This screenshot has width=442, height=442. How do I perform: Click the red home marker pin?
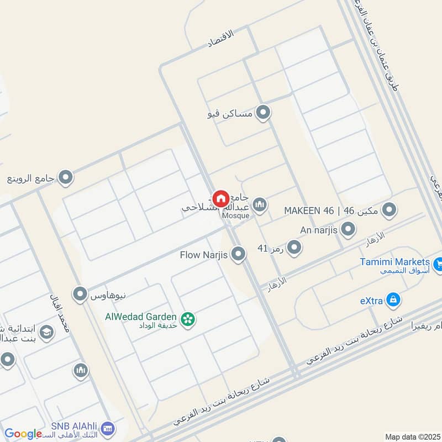[221, 198]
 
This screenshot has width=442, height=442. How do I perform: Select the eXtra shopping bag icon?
[393, 300]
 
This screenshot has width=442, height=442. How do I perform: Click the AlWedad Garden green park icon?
[188, 319]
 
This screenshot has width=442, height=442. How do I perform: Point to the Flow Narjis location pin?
[238, 254]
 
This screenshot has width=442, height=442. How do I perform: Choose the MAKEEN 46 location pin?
[390, 210]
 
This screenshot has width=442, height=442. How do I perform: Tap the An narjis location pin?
[348, 229]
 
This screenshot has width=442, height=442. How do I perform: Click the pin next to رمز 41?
[294, 248]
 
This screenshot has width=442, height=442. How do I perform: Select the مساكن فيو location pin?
[264, 113]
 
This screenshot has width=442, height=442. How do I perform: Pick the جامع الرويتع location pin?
[66, 177]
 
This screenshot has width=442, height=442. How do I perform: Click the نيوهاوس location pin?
[81, 294]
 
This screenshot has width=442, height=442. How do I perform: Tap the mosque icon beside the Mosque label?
[260, 206]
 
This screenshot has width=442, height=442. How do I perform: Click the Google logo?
[23, 434]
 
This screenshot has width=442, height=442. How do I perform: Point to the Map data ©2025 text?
[412, 436]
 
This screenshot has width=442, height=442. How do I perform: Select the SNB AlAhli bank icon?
[108, 429]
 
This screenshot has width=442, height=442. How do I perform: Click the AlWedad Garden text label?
[141, 317]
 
